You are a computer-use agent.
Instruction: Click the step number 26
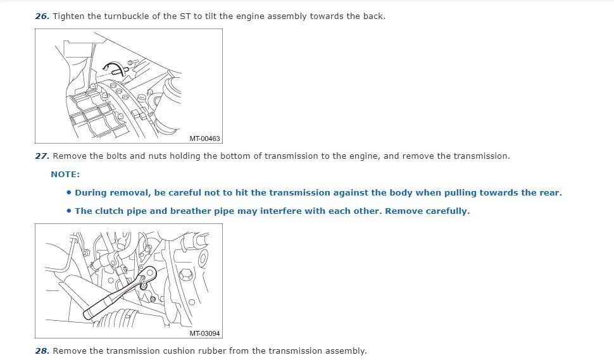[x=42, y=16]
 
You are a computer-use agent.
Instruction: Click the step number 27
[x=42, y=156]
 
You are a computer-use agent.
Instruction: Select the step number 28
[x=42, y=351]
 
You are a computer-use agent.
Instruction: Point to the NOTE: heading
[x=65, y=175]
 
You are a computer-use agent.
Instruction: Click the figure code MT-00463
[x=205, y=139]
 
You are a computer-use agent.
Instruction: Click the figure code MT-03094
[x=205, y=333]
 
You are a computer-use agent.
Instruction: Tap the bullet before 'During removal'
[x=69, y=192]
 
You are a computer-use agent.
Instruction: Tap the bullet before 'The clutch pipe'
[x=69, y=211]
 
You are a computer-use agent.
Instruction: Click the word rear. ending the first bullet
[x=550, y=192]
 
